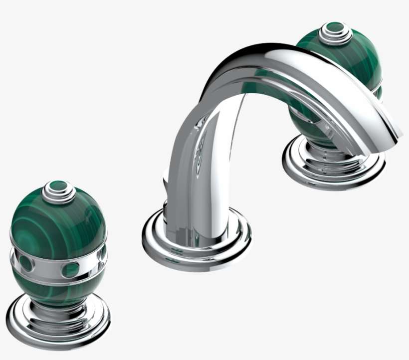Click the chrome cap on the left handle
(x=58, y=192)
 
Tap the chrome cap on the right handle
(x=335, y=33)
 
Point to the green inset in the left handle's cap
(x=59, y=187)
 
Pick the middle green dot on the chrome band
(x=70, y=270)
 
